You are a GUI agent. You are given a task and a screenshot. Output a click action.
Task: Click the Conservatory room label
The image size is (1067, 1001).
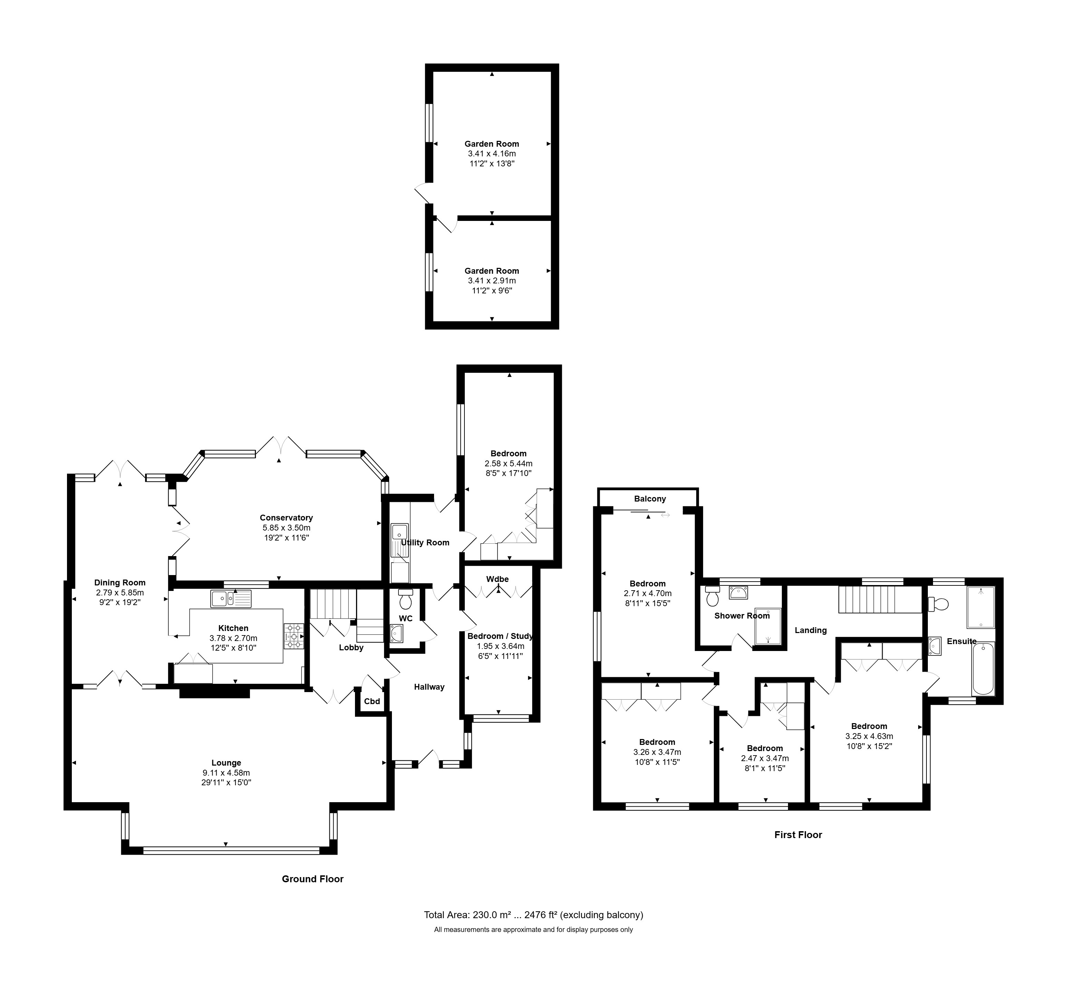286,518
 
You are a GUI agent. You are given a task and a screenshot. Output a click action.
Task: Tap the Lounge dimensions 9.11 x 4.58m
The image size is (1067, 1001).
226,772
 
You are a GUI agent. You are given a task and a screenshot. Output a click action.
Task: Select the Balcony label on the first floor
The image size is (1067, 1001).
650,499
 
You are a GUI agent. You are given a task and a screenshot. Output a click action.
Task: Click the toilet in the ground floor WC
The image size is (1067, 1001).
406,599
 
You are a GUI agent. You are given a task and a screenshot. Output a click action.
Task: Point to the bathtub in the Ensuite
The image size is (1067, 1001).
983,668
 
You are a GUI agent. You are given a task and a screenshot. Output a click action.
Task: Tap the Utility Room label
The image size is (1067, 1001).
425,542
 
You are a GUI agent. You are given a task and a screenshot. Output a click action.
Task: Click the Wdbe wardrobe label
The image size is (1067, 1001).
498,579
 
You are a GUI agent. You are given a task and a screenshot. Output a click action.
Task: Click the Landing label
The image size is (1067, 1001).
810,630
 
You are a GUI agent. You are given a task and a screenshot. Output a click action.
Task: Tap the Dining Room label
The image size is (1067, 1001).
120,583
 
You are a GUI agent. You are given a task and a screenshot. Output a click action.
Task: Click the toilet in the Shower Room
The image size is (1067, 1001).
713,596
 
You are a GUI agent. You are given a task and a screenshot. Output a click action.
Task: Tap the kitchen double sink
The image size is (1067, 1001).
231,599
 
